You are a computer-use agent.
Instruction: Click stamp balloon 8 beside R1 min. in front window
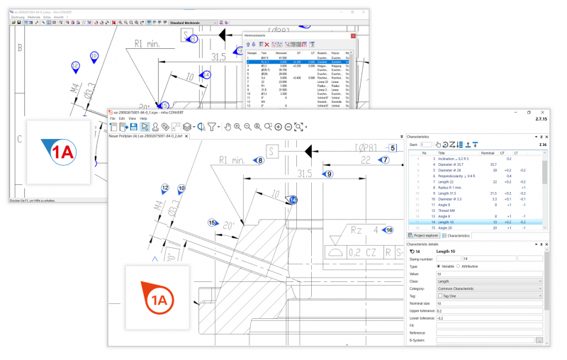pos(260,161)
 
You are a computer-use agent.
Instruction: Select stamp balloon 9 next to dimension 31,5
pos(329,174)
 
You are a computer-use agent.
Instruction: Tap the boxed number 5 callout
pos(392,148)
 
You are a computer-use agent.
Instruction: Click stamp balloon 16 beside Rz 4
pos(388,230)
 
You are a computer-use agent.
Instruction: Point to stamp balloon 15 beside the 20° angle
pos(211,223)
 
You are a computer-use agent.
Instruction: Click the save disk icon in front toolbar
pos(133,127)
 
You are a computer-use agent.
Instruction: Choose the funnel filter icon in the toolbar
pos(210,127)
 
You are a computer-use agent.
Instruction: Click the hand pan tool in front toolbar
pos(228,127)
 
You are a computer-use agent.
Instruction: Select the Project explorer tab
pos(422,235)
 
